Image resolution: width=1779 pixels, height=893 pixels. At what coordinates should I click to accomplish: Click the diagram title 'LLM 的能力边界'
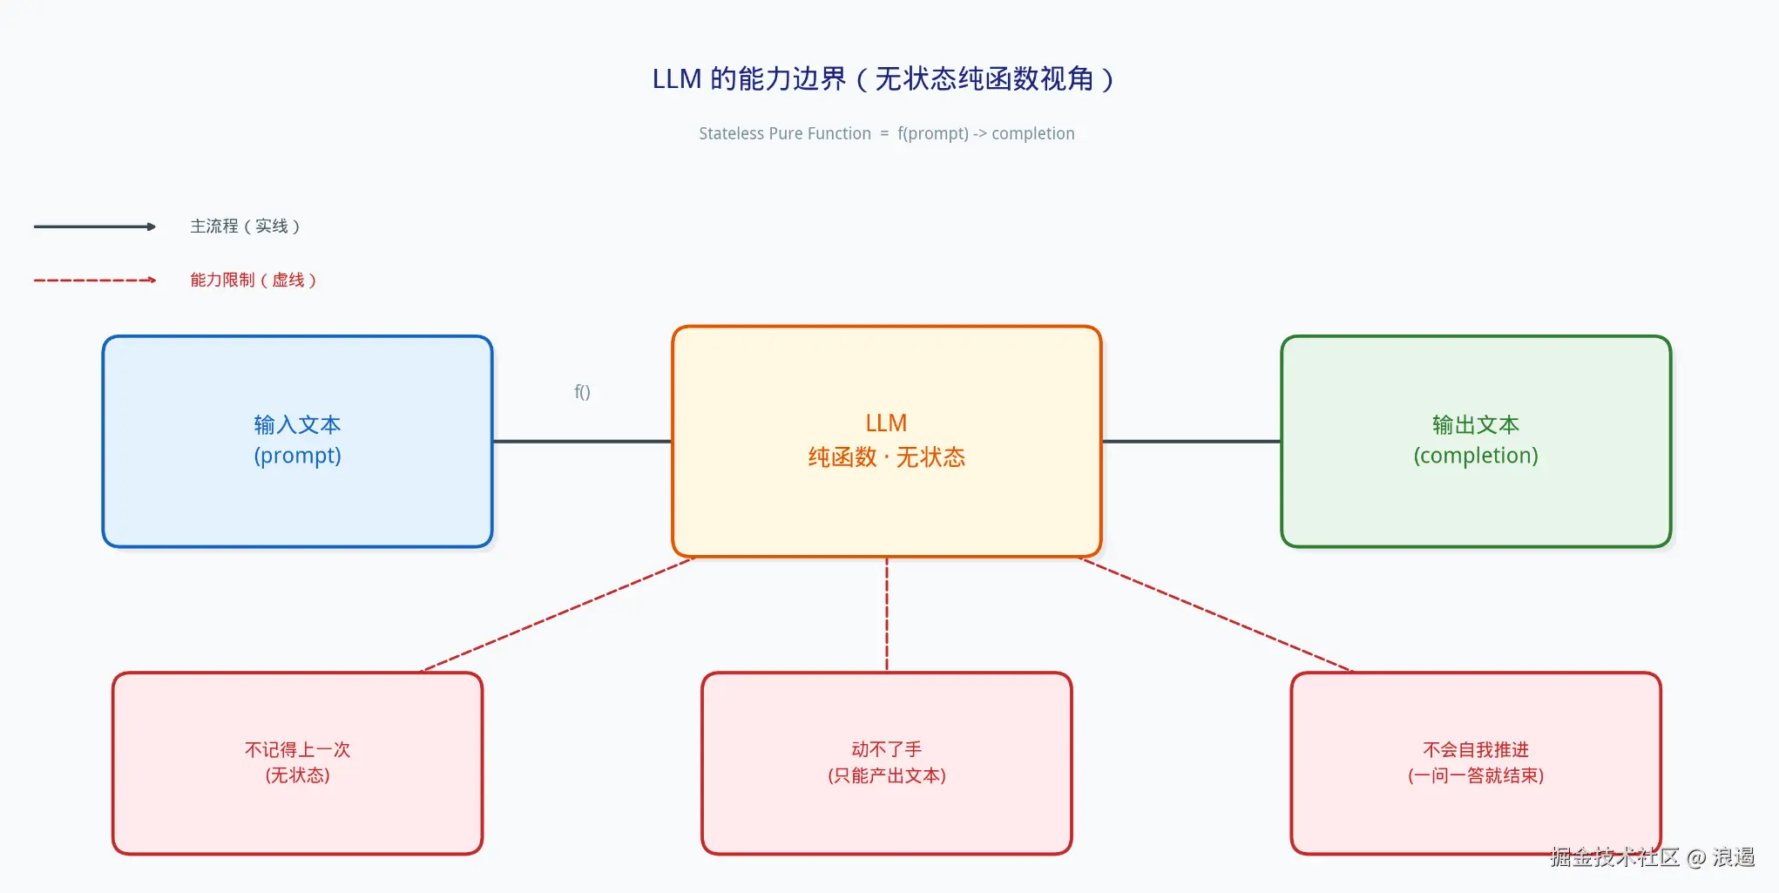tap(749, 79)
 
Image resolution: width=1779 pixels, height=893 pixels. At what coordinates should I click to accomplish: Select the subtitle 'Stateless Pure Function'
tap(785, 133)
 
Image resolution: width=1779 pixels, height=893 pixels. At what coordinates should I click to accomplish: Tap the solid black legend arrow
tap(95, 227)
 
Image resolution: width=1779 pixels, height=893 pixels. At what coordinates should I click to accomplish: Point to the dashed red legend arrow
tap(95, 281)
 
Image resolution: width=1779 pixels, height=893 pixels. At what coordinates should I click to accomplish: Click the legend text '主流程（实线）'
tap(246, 227)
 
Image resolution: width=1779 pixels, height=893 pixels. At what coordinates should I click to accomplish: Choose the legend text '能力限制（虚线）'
tap(254, 281)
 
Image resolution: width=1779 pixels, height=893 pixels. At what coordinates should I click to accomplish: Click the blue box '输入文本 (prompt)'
tap(298, 442)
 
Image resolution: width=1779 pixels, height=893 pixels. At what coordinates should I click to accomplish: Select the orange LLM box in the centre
tap(887, 442)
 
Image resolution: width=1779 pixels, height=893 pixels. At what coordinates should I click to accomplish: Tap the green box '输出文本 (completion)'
tap(1476, 442)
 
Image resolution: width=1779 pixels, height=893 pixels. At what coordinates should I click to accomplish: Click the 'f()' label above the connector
tap(582, 392)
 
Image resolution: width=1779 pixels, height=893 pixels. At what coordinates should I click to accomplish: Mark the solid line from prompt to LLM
tap(583, 442)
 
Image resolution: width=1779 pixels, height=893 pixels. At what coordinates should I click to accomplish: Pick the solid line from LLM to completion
tap(1192, 442)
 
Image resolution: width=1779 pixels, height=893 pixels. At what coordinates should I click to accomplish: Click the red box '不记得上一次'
tap(298, 763)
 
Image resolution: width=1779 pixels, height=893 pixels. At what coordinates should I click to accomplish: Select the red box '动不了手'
tap(887, 763)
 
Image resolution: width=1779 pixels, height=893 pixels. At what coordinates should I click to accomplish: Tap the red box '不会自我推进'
tap(1476, 763)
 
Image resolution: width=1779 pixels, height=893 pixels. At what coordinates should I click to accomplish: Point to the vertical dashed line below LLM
tap(887, 614)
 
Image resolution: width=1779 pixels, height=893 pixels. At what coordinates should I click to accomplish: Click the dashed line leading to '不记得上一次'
tap(558, 615)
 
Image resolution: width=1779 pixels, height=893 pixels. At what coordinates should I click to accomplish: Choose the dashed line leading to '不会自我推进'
tap(1217, 615)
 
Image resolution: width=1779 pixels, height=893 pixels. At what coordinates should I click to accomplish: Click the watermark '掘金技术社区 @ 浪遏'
tap(1653, 857)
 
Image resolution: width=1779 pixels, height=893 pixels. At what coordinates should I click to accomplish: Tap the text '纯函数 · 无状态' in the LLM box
tap(887, 457)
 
